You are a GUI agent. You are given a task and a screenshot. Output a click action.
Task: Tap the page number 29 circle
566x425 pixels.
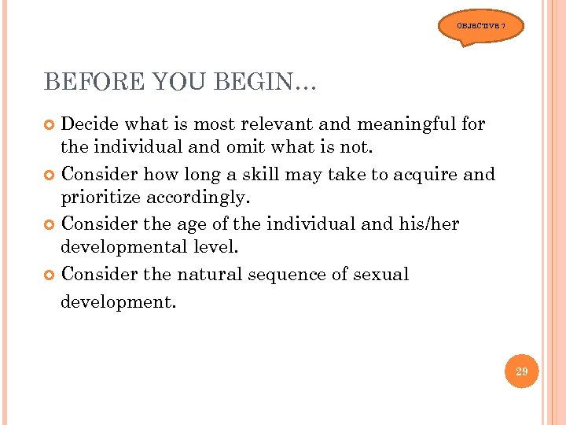coord(521,371)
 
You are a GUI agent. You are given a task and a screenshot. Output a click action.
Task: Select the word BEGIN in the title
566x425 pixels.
coord(255,82)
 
